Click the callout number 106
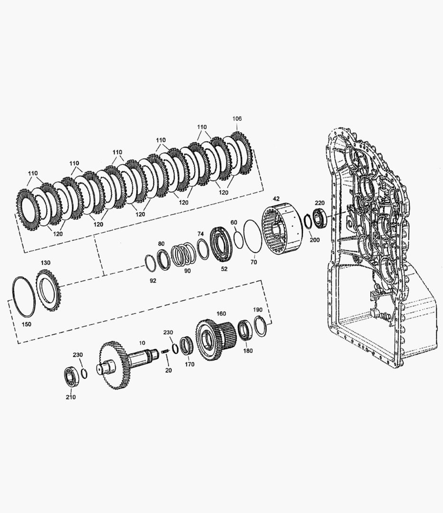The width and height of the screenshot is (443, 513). (237, 118)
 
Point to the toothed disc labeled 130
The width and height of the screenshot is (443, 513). (49, 289)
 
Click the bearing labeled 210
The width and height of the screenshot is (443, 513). (71, 377)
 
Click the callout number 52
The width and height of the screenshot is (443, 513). (224, 269)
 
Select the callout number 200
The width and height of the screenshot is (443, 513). (315, 240)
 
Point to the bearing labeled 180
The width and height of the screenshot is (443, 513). (245, 330)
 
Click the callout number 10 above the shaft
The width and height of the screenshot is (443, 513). (142, 342)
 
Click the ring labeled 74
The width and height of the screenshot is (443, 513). (203, 249)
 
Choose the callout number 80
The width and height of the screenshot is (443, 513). (161, 244)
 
